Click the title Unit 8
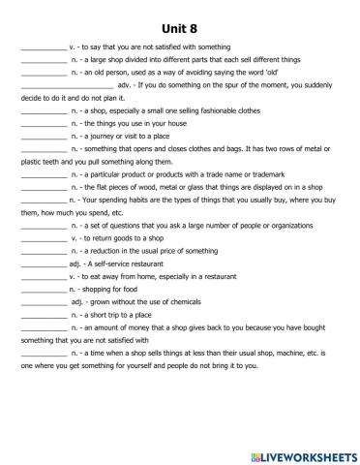click(x=179, y=26)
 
